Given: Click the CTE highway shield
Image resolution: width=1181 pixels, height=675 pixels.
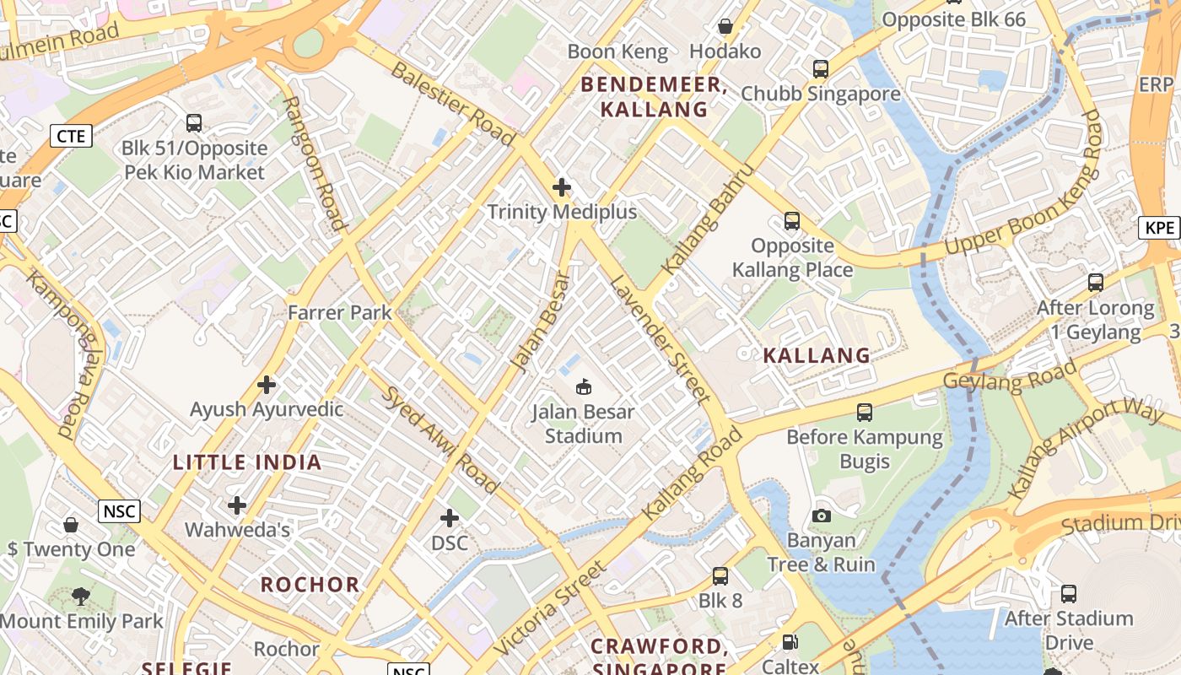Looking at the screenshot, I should tap(71, 136).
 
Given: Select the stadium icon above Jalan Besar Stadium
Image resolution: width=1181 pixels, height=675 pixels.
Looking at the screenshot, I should tap(582, 387).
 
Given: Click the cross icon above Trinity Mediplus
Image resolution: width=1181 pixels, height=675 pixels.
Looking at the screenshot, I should tap(562, 187).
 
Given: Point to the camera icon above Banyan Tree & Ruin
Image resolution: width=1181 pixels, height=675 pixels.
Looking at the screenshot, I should tap(822, 516).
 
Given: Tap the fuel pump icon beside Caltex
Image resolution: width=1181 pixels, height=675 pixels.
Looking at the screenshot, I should tap(790, 642).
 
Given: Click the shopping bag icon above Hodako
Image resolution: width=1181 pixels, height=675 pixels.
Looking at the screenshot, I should tap(725, 27).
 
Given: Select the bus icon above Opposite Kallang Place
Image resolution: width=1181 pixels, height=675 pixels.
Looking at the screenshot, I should tap(791, 221).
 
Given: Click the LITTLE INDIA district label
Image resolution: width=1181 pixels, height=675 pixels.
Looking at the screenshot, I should tap(247, 462).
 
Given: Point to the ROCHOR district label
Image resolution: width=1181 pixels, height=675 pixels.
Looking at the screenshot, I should tap(310, 585).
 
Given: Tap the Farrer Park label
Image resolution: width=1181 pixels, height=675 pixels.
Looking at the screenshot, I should tap(340, 313).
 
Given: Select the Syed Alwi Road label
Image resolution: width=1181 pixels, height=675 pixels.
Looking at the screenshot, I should tap(441, 440).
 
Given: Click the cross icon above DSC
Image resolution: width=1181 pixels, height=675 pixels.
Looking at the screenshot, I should tap(450, 517).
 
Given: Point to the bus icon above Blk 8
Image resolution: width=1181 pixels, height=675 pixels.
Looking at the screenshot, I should tap(720, 576).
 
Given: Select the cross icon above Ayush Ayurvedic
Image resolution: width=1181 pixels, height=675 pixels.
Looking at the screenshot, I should tap(267, 386).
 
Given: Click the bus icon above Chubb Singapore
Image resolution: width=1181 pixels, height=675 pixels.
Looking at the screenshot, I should tap(821, 69).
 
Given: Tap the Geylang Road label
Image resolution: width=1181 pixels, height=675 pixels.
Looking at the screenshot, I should tap(1010, 375).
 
